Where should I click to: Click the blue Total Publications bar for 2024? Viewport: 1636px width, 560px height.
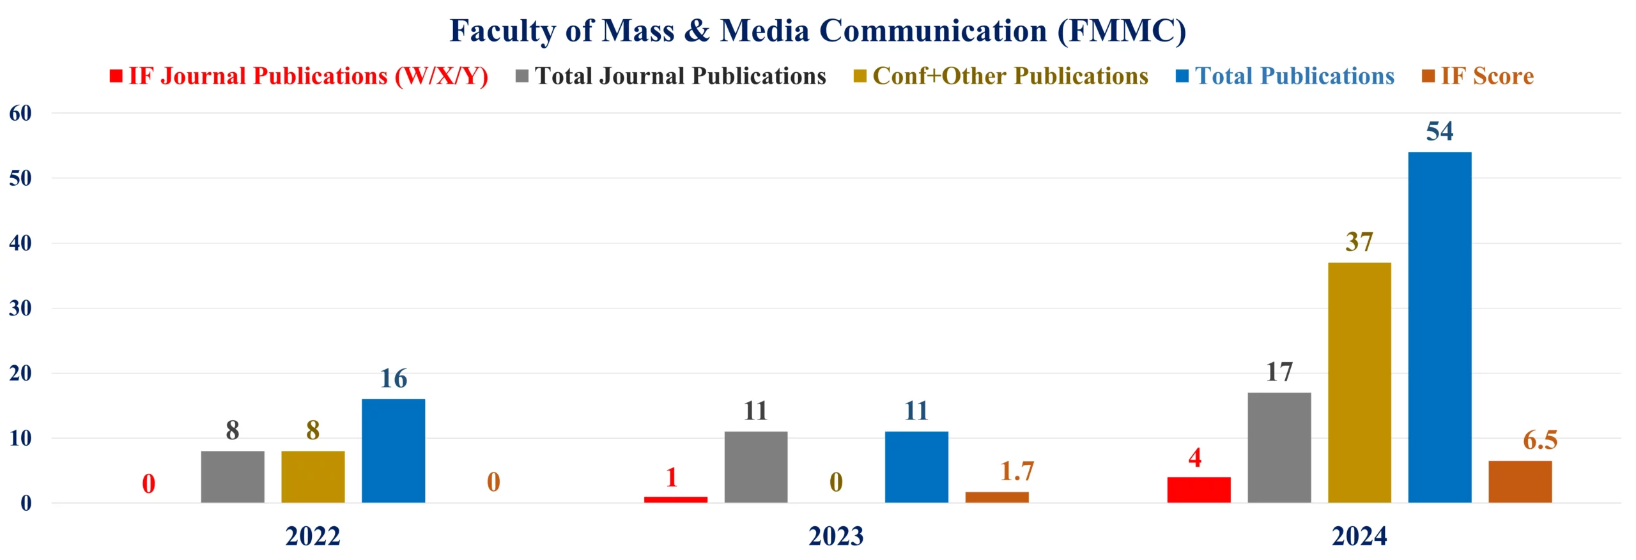tap(1439, 327)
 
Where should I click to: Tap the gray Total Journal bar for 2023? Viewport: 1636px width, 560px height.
tap(755, 467)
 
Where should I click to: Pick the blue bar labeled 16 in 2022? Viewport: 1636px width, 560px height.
tap(393, 450)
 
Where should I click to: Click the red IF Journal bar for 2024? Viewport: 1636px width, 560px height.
tap(1198, 489)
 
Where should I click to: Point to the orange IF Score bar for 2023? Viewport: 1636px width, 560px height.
tap(996, 497)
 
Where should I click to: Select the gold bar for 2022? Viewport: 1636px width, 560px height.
tap(313, 476)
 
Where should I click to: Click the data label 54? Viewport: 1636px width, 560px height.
tap(1439, 132)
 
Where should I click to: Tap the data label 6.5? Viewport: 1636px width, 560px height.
tap(1540, 440)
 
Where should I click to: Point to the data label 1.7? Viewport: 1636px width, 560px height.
tap(1016, 471)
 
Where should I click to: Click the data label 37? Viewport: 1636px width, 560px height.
tap(1359, 242)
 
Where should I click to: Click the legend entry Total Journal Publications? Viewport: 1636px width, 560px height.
tap(680, 76)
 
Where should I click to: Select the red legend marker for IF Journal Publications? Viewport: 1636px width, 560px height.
tap(116, 76)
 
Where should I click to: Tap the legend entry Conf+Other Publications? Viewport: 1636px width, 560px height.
tap(1010, 76)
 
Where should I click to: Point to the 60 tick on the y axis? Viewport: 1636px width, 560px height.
tap(20, 114)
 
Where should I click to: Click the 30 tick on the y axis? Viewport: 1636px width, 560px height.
tap(20, 308)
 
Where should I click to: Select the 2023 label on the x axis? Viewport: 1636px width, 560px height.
tap(835, 536)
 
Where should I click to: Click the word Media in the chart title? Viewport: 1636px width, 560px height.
tap(764, 31)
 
